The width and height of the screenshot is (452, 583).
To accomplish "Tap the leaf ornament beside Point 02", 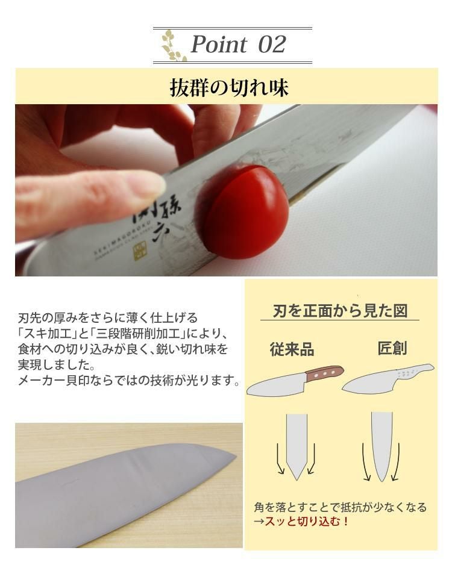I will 174,45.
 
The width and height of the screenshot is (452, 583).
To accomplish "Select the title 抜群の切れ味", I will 229,88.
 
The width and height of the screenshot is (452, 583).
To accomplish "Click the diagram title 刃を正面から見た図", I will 340,311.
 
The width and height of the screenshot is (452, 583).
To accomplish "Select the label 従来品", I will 292,350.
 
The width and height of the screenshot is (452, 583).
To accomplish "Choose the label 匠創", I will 392,349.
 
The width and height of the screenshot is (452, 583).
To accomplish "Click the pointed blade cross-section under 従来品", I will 296,446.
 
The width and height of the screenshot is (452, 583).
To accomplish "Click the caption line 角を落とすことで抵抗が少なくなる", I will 340,507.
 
